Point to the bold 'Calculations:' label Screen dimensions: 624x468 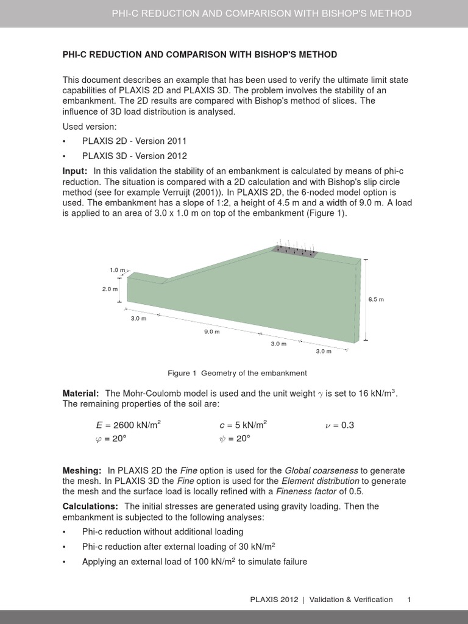click(91, 506)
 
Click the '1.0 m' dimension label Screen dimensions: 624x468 click(117, 269)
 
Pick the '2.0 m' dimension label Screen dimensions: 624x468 click(110, 289)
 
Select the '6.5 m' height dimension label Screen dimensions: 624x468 click(376, 299)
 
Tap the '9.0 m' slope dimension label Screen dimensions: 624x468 click(211, 331)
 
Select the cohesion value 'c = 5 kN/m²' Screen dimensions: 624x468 click(243, 425)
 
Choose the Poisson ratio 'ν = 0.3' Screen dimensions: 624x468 click(339, 425)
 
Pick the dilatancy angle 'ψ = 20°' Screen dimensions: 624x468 click(235, 439)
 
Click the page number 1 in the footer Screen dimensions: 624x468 click(409, 600)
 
